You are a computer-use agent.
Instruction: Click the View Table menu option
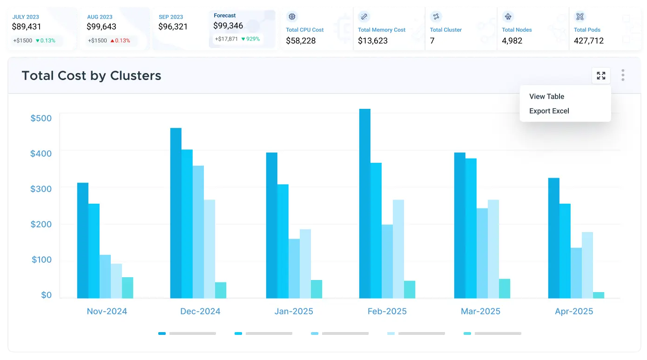click(546, 96)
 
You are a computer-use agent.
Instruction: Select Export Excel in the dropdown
click(549, 111)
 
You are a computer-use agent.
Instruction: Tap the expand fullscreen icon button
click(601, 75)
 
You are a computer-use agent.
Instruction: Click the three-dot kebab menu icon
click(623, 75)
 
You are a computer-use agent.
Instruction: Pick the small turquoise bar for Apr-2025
click(598, 295)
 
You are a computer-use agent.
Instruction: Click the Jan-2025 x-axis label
click(294, 311)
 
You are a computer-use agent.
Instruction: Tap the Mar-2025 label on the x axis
click(481, 311)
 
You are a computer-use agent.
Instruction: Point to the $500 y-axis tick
click(41, 118)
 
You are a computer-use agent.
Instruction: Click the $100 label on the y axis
click(41, 259)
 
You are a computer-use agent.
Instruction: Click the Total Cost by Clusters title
click(91, 76)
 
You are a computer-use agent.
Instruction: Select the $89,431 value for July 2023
click(27, 27)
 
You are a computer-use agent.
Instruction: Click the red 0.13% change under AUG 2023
click(120, 40)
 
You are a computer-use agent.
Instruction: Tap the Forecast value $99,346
click(228, 26)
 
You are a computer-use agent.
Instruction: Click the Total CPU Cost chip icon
click(292, 17)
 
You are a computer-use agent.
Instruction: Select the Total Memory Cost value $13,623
click(372, 40)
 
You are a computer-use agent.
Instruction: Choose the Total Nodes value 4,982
click(512, 40)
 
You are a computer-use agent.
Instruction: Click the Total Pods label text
click(586, 30)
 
